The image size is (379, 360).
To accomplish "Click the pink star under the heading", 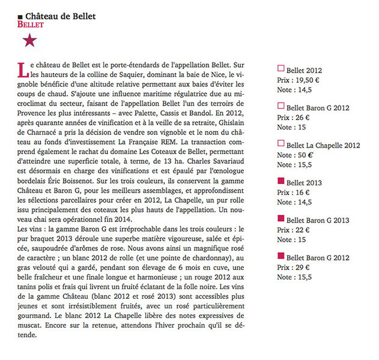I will click(29, 41).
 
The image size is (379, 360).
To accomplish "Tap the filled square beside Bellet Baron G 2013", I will click(280, 219).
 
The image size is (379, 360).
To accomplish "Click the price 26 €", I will click(306, 117).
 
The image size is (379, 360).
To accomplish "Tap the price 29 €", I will click(306, 268).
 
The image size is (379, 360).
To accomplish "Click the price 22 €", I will click(306, 230).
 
